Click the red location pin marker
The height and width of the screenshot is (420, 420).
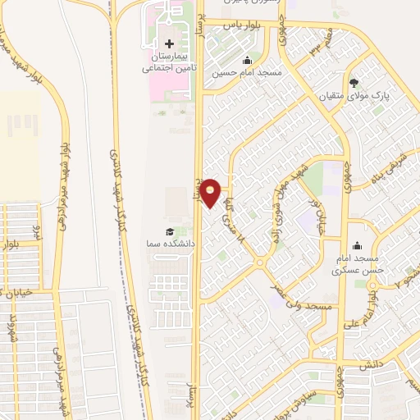click(x=211, y=193)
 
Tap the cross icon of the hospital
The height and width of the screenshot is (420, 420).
click(x=170, y=43)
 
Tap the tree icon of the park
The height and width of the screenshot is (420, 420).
click(x=354, y=82)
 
